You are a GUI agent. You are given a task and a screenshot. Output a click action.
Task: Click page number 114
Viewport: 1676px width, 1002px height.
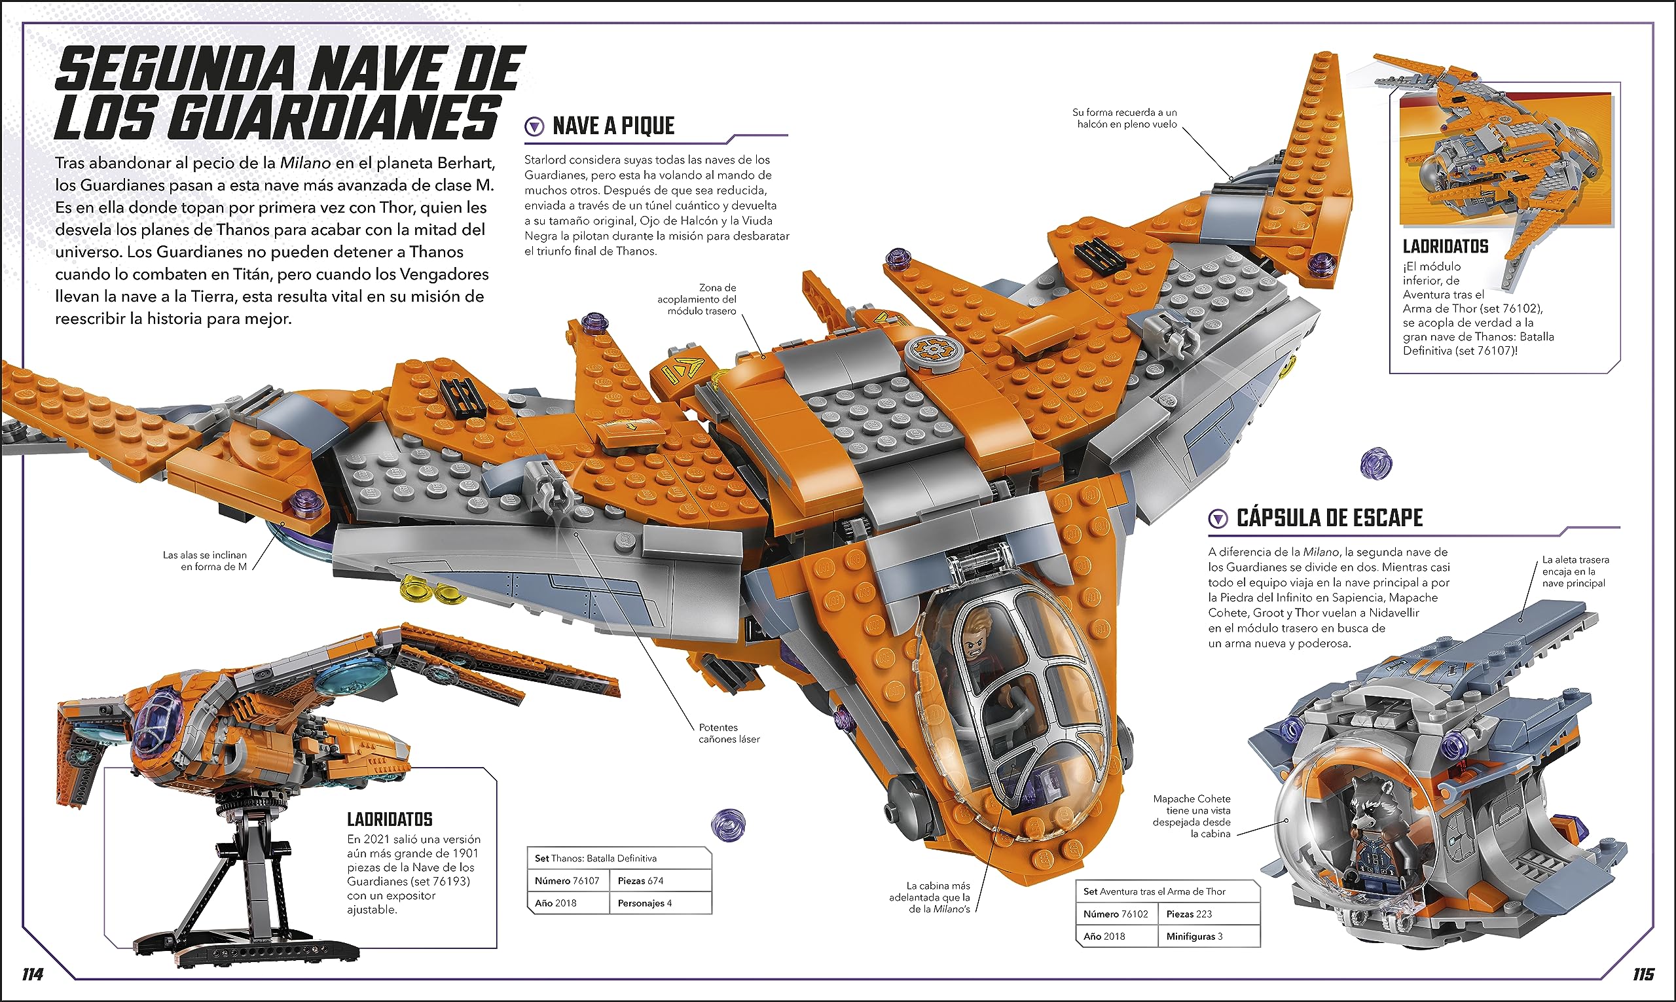[x=33, y=975]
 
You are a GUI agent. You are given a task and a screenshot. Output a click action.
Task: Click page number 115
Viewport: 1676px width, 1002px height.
[x=1643, y=975]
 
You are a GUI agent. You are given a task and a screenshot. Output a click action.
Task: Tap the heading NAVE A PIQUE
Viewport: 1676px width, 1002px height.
[x=613, y=126]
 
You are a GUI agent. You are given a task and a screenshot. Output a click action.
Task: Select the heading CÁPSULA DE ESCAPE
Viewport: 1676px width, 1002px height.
[x=1330, y=518]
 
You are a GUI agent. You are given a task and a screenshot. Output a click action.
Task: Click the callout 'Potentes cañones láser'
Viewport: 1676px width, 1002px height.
[x=729, y=733]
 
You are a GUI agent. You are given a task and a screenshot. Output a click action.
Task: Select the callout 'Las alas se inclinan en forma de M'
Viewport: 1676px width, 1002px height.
[x=205, y=560]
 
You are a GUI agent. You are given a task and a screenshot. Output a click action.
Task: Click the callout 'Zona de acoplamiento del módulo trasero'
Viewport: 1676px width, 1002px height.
[x=697, y=299]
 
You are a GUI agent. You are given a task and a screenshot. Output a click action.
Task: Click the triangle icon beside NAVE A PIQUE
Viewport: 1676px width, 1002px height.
[x=534, y=126]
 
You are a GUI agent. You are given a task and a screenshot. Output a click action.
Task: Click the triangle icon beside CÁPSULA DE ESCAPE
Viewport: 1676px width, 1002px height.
[x=1218, y=518]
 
